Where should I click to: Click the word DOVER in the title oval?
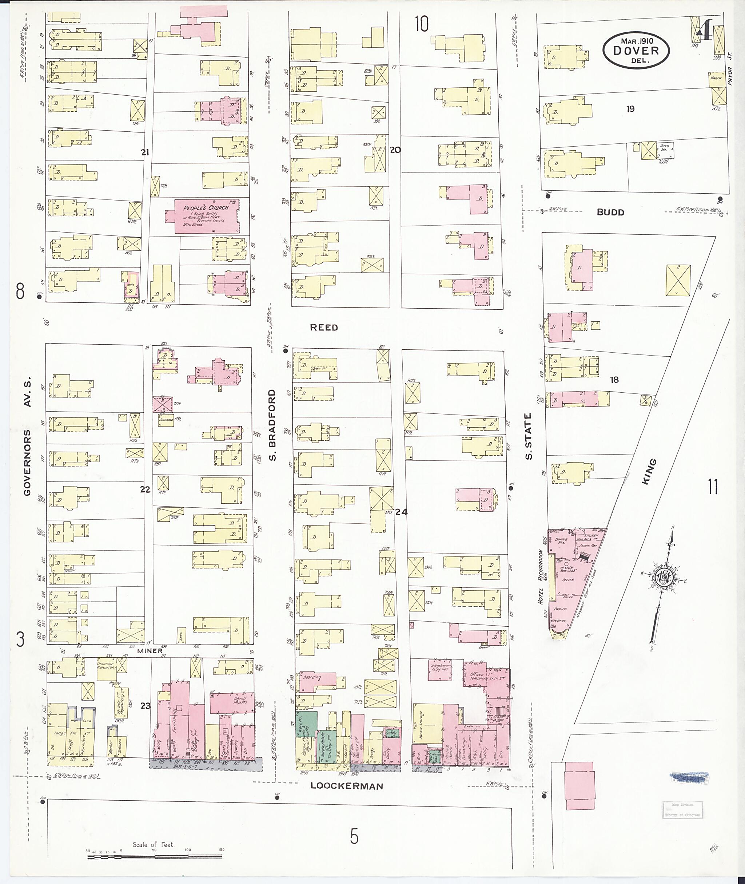(x=636, y=51)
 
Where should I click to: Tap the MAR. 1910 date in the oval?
(x=637, y=41)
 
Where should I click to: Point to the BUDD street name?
(x=610, y=213)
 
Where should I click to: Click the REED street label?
(x=324, y=328)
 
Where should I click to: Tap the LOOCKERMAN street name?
(x=347, y=786)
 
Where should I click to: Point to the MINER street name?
(x=150, y=650)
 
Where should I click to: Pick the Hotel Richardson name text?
(x=541, y=577)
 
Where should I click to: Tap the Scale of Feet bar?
(x=155, y=857)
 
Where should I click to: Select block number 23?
(x=145, y=706)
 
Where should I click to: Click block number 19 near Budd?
(x=630, y=109)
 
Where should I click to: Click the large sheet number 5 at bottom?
(x=354, y=836)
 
